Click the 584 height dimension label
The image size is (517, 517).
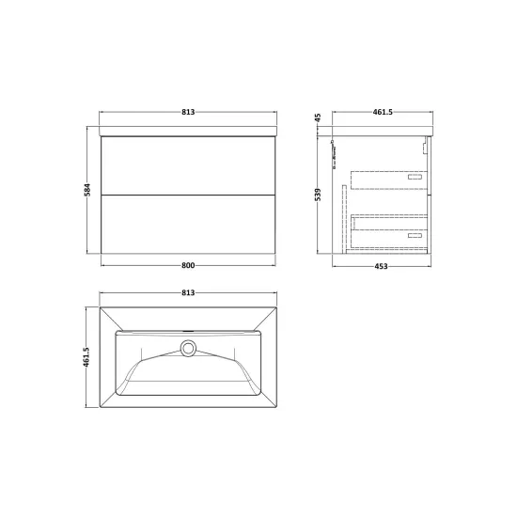tap(87, 190)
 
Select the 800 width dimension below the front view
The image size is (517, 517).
tap(188, 265)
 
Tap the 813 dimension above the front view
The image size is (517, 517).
tap(188, 112)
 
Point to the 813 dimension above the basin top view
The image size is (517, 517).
tap(188, 292)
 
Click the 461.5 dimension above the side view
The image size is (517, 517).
tap(383, 112)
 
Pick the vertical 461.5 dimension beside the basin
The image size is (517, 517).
tap(86, 357)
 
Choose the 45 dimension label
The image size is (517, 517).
tap(318, 117)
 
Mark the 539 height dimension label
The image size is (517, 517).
tap(318, 195)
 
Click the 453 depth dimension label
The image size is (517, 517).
tap(381, 266)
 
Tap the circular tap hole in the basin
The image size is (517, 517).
tap(188, 348)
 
